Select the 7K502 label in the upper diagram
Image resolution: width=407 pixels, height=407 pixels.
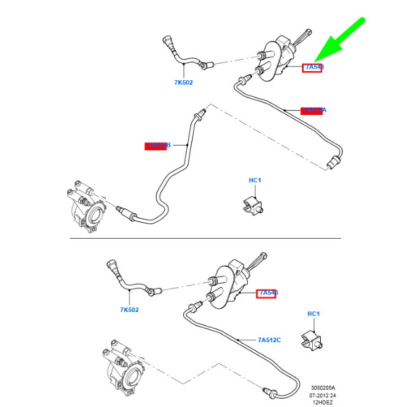pyautogui.click(x=184, y=83)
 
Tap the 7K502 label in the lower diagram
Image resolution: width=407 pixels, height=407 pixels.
pyautogui.click(x=129, y=310)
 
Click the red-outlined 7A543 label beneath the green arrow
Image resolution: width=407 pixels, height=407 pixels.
pyautogui.click(x=312, y=67)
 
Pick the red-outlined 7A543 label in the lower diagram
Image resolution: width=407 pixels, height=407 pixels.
pyautogui.click(x=266, y=293)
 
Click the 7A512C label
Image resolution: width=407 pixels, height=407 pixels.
pyautogui.click(x=269, y=340)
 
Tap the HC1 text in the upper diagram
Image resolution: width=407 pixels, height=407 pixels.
pyautogui.click(x=255, y=180)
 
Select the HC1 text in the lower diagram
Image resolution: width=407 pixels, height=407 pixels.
pyautogui.click(x=313, y=314)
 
